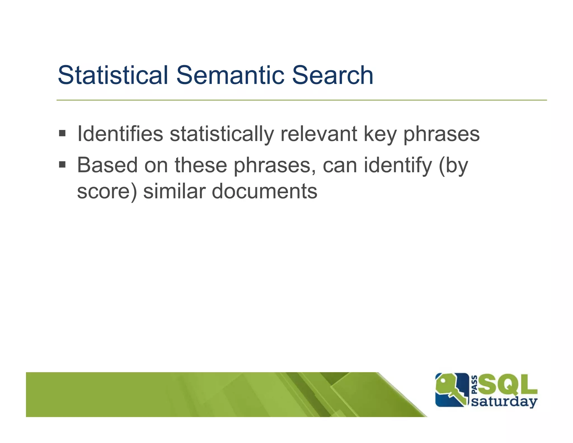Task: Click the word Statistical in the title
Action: pyautogui.click(x=112, y=75)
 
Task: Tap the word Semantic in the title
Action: pyautogui.click(x=230, y=75)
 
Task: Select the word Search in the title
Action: pyautogui.click(x=332, y=75)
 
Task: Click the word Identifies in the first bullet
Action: pyautogui.click(x=120, y=134)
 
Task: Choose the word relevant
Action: pyautogui.click(x=319, y=134)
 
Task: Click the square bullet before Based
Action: pyautogui.click(x=62, y=164)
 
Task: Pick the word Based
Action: pyautogui.click(x=107, y=165)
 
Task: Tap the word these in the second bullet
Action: pyautogui.click(x=201, y=165)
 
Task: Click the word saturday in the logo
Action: pyautogui.click(x=504, y=402)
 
